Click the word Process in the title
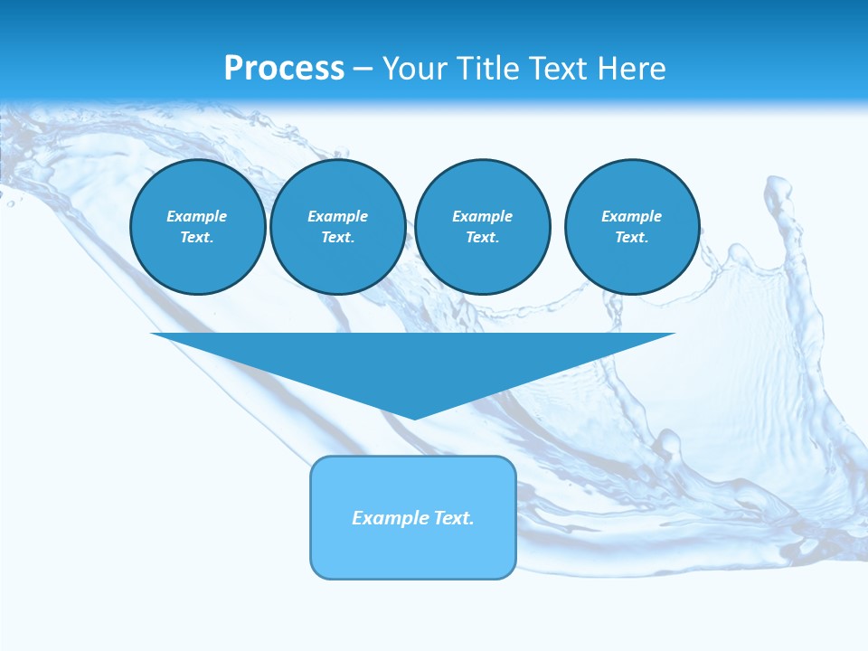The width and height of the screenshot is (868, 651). tap(284, 69)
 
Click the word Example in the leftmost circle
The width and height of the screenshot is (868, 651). tap(197, 216)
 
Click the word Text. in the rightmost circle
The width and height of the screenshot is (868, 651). tap(632, 238)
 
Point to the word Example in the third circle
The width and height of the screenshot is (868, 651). tap(482, 216)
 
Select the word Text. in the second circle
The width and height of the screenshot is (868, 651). tap(337, 238)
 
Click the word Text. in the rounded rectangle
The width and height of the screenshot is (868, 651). tap(454, 518)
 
